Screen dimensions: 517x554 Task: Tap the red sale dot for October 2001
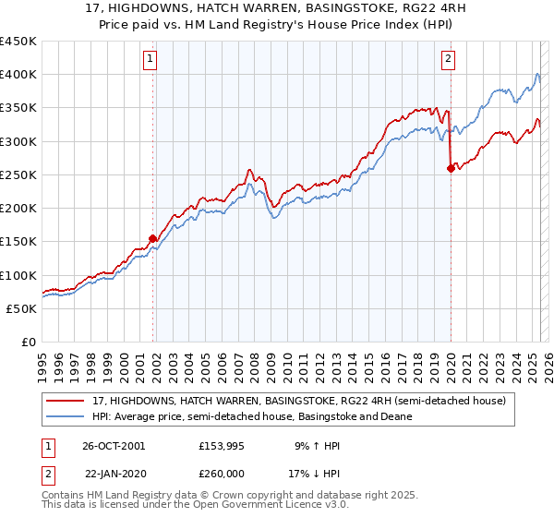point(153,239)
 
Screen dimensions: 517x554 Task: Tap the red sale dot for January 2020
point(451,168)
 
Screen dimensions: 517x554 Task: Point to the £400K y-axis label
point(18,75)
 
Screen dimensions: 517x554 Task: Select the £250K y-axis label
point(18,174)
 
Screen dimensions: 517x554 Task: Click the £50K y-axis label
point(22,308)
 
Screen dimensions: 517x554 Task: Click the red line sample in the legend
point(66,402)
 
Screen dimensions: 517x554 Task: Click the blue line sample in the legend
point(66,416)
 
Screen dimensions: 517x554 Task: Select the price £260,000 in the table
point(221,473)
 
